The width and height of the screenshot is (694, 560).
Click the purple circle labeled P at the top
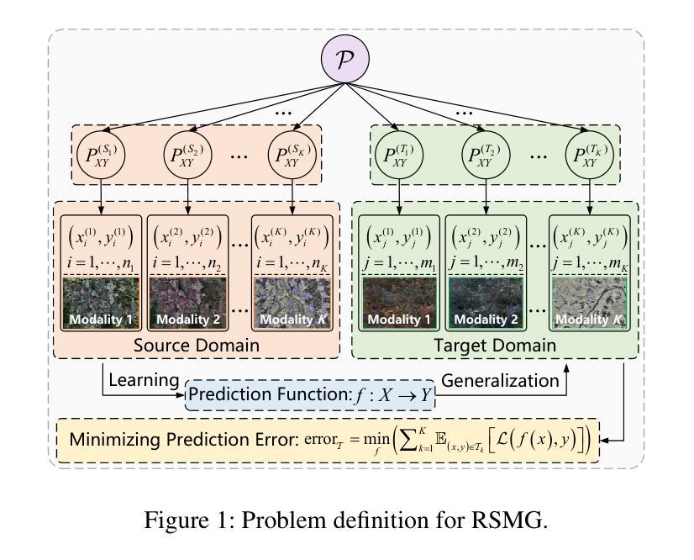point(344,59)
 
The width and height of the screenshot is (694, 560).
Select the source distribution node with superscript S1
point(101,155)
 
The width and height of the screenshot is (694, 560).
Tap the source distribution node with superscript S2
point(187,155)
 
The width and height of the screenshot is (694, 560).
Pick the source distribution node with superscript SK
point(292,155)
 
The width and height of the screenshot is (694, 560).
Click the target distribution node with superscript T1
point(399,155)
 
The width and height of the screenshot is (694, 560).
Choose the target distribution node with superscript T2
point(486,155)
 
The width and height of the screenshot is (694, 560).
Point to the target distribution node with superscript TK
point(590,155)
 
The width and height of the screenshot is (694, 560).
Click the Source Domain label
point(197,346)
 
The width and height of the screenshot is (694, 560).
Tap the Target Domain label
point(495,346)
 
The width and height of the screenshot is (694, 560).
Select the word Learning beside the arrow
point(144,381)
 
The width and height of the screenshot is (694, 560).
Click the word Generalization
point(500,381)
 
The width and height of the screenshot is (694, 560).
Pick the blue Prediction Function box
point(310,394)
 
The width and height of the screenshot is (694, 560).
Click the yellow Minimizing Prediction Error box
point(328,441)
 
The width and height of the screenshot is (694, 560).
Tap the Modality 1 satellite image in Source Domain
point(101,303)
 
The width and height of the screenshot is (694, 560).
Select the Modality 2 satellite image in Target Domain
point(486,303)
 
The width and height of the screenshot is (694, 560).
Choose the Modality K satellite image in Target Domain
point(590,303)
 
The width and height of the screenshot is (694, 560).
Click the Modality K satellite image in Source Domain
point(292,303)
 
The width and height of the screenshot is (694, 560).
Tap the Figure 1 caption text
point(346,520)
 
